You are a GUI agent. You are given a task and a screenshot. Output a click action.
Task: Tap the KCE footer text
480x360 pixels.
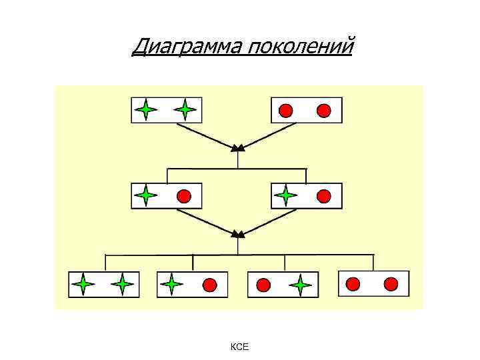click(x=239, y=347)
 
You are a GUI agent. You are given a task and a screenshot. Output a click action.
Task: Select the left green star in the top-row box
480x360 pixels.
click(x=146, y=109)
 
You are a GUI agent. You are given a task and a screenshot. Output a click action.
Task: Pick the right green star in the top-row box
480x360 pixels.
click(x=185, y=109)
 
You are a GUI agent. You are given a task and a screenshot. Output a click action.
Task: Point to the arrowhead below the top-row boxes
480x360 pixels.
click(x=238, y=147)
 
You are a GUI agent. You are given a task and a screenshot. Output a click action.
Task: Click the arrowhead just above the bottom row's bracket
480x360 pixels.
click(x=238, y=234)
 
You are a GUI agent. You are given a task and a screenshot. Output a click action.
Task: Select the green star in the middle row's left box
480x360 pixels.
click(x=145, y=195)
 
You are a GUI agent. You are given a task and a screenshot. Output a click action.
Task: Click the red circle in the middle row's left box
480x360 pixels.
click(x=184, y=196)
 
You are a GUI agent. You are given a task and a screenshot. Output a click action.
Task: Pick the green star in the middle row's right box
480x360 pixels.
click(x=285, y=195)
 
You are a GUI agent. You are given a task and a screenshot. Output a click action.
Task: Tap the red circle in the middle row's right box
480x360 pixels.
click(x=324, y=196)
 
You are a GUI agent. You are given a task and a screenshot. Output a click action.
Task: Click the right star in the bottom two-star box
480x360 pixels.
click(x=122, y=285)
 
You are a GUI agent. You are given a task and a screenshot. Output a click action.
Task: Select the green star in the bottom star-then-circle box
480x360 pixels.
click(x=171, y=285)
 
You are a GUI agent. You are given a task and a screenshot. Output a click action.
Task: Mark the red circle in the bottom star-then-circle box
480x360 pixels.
click(x=209, y=285)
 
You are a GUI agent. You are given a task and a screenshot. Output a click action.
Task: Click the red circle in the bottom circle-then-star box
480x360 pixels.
click(x=263, y=285)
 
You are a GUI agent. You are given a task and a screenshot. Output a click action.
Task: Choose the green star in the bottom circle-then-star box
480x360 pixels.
click(x=301, y=285)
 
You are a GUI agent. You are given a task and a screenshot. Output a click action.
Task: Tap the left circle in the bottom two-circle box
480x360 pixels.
click(x=353, y=284)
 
